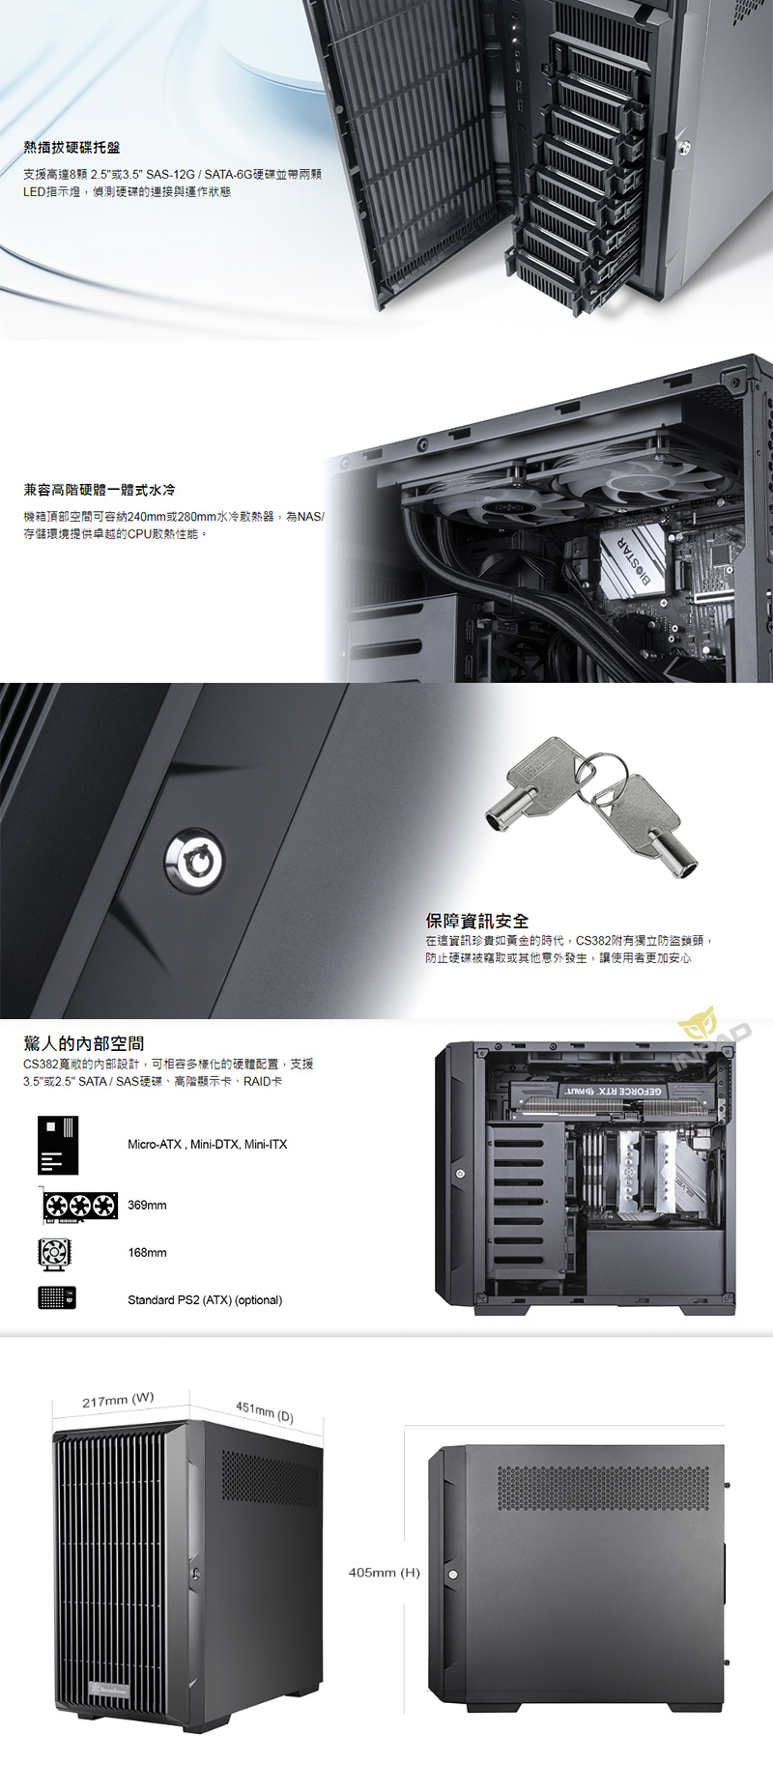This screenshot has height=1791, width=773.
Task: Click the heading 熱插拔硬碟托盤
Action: point(72,148)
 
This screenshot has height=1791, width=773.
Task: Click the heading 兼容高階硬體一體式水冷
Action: point(100,490)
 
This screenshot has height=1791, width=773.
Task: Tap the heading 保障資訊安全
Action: point(477,921)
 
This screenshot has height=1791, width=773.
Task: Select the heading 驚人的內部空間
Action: point(84,1043)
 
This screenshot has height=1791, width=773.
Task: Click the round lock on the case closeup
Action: point(194,860)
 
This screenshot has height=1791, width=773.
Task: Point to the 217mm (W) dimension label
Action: point(118,1399)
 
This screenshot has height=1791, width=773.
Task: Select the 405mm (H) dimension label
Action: point(384,1573)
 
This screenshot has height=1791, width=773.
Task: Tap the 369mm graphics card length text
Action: point(147,1206)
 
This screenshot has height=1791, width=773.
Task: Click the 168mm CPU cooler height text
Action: point(147,1253)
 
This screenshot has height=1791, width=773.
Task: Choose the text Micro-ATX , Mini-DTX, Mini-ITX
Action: point(207,1145)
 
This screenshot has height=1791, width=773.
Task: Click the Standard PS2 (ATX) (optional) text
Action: point(205,1300)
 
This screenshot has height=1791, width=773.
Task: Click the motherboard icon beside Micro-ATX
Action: point(58,1146)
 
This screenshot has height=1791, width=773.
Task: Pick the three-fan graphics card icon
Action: point(79,1206)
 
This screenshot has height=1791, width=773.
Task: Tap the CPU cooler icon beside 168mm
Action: point(54,1254)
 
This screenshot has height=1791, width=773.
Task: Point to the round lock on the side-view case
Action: point(453,1575)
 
